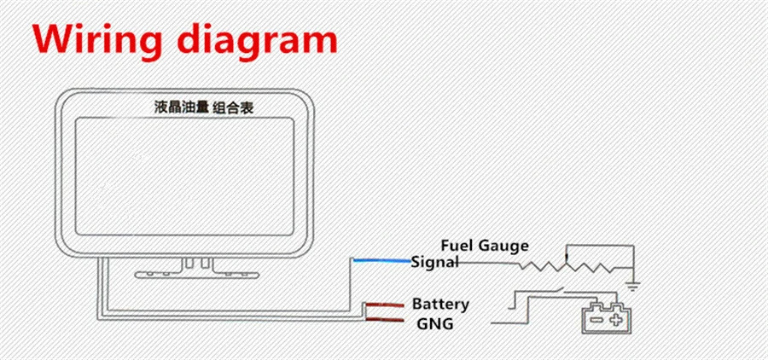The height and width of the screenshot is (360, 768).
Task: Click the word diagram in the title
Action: click(257, 40)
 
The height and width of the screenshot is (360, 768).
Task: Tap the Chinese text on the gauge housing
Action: click(204, 107)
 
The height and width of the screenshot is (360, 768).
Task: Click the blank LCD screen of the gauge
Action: click(184, 177)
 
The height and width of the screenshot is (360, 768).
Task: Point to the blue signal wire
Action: click(381, 261)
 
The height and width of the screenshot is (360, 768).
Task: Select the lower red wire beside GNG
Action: click(385, 320)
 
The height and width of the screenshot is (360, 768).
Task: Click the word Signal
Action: click(435, 262)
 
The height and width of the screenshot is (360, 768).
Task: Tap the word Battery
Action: click(440, 305)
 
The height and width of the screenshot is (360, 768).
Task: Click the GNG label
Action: click(434, 324)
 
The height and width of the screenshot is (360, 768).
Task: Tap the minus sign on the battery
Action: click(596, 320)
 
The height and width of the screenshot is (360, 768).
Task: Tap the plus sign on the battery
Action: click(615, 320)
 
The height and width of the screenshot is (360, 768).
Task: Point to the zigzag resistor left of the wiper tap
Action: click(542, 267)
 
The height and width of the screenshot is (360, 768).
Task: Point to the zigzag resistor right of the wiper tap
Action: click(590, 267)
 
